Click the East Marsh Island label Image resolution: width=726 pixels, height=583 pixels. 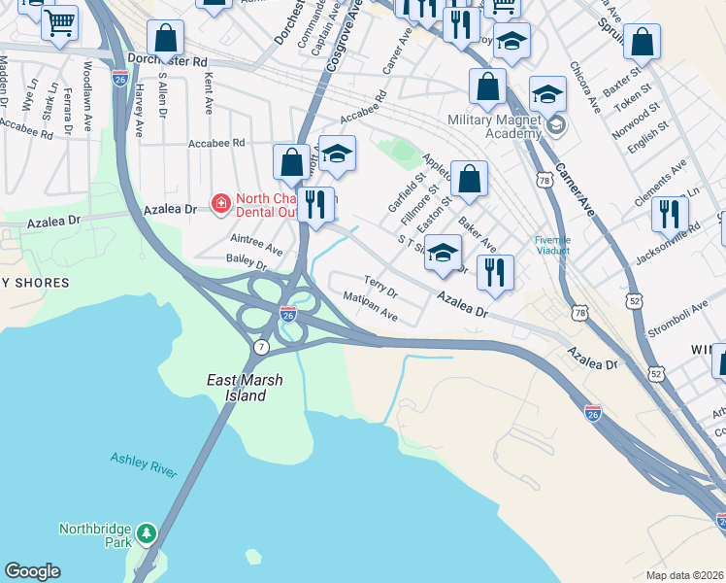click(238, 388)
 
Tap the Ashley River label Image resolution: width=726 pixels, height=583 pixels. click(144, 463)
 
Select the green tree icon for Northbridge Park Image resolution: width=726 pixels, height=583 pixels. click(146, 532)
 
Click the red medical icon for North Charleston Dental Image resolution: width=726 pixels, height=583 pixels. click(221, 202)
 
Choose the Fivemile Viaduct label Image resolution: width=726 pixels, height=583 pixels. click(552, 247)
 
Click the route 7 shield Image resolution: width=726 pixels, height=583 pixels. click(261, 347)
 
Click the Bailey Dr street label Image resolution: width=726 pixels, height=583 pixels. click(247, 263)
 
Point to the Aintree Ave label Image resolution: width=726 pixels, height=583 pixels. click(256, 243)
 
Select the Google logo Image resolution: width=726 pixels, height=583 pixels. click(32, 571)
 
